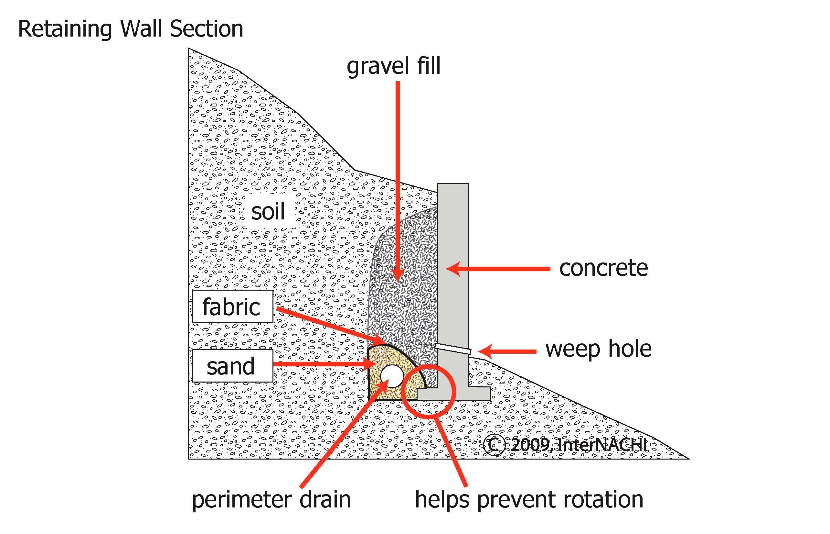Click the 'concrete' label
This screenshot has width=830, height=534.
[603, 268]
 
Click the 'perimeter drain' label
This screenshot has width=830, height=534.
[271, 500]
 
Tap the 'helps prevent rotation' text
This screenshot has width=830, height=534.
[529, 500]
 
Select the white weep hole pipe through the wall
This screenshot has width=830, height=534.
[453, 349]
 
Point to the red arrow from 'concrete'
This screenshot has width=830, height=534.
[499, 269]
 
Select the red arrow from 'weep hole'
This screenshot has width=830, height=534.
[507, 351]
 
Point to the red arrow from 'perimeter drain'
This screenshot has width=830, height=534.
[343, 437]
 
